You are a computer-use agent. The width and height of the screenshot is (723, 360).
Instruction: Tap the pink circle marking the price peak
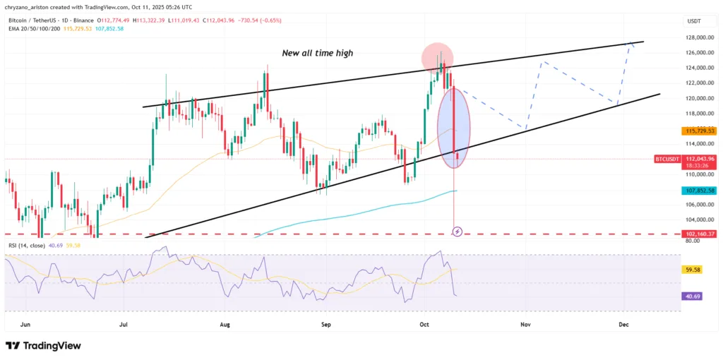[437, 56]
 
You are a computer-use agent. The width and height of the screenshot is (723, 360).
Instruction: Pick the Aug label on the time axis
[225, 324]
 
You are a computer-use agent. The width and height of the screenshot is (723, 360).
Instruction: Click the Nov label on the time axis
[525, 324]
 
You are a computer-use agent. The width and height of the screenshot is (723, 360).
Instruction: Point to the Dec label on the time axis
[623, 324]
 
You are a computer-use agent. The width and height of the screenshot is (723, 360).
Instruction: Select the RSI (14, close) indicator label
[28, 245]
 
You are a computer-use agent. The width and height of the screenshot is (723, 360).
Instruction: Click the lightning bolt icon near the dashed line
[457, 231]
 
